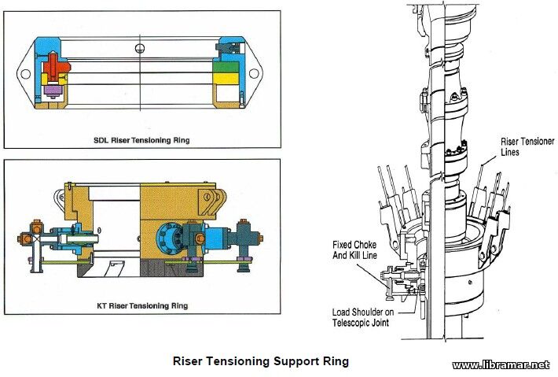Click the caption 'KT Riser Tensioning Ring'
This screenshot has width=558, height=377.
[141, 305]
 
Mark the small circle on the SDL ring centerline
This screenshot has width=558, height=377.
[140, 49]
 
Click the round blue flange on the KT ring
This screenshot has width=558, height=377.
[173, 236]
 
